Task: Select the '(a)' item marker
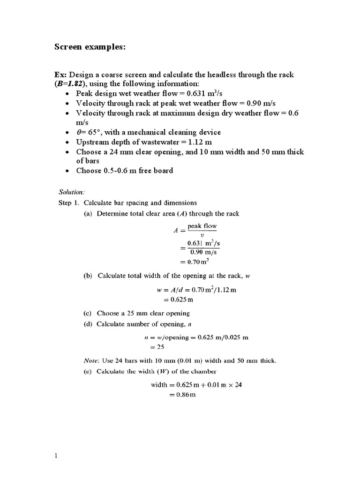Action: pos(88,214)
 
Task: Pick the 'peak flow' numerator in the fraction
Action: pos(202,226)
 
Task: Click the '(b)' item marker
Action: pos(88,276)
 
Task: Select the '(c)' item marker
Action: pos(88,313)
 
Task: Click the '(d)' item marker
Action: pos(88,324)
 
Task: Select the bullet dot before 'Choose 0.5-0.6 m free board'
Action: pos(67,171)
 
